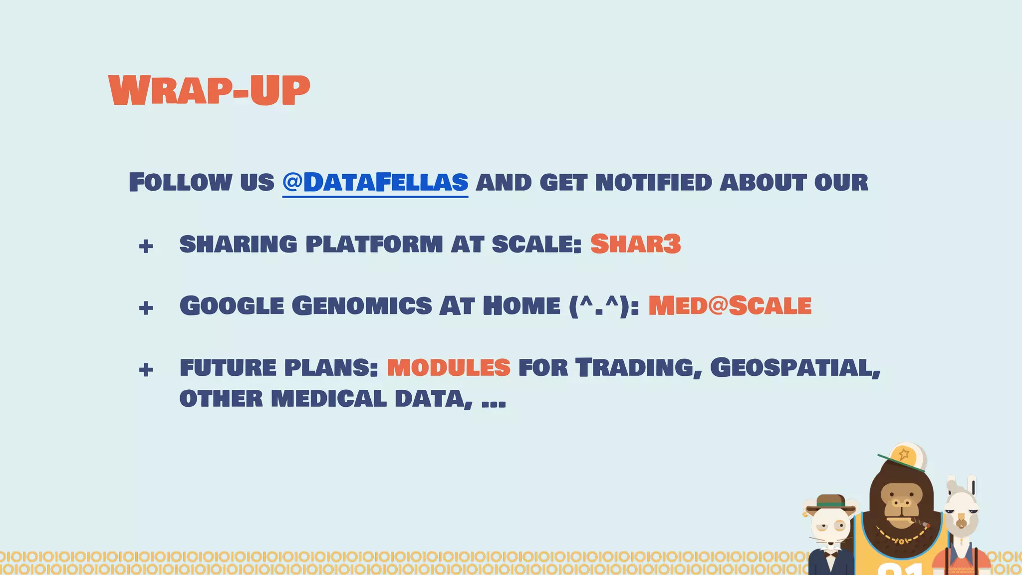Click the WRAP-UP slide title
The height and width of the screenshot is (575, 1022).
click(x=209, y=91)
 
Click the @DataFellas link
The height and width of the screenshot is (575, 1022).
click(x=375, y=182)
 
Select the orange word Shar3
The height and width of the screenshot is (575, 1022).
click(x=635, y=244)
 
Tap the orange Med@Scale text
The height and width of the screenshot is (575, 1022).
click(x=730, y=305)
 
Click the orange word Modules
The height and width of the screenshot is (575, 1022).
click(x=449, y=368)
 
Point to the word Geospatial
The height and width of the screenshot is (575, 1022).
click(x=794, y=368)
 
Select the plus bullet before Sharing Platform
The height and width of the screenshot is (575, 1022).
click(x=146, y=246)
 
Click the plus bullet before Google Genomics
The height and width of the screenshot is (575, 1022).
click(x=146, y=307)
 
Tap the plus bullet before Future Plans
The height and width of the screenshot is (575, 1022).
click(x=146, y=370)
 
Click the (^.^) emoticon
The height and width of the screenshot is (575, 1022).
click(x=603, y=305)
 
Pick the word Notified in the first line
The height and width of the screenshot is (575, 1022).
click(x=653, y=182)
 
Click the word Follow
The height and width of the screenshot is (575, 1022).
click(x=180, y=182)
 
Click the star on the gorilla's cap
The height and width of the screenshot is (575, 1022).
click(x=904, y=454)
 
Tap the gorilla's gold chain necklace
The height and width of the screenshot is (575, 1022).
click(x=901, y=539)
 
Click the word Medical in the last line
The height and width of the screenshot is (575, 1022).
click(x=328, y=399)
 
